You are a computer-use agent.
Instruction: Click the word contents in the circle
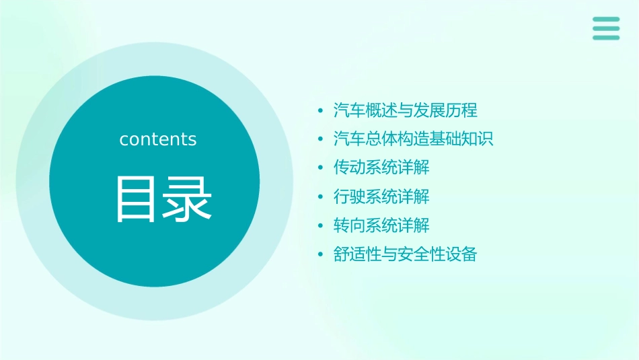pyautogui.click(x=157, y=139)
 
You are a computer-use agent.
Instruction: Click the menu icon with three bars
pyautogui.click(x=606, y=28)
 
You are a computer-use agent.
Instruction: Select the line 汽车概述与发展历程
pyautogui.click(x=405, y=110)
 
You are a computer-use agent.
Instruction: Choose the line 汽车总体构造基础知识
pyautogui.click(x=413, y=139)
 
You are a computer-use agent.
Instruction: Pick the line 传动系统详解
pyautogui.click(x=381, y=168)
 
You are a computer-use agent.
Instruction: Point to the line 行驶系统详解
pyautogui.click(x=381, y=196)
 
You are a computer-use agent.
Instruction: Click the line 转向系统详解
pyautogui.click(x=381, y=225)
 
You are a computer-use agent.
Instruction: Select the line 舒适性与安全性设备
pyautogui.click(x=405, y=254)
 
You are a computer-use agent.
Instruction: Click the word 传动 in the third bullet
pyautogui.click(x=349, y=168)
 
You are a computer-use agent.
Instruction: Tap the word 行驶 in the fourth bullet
pyautogui.click(x=349, y=196)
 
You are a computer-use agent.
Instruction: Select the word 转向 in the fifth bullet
pyautogui.click(x=349, y=225)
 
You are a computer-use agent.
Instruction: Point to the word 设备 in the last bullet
pyautogui.click(x=461, y=254)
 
